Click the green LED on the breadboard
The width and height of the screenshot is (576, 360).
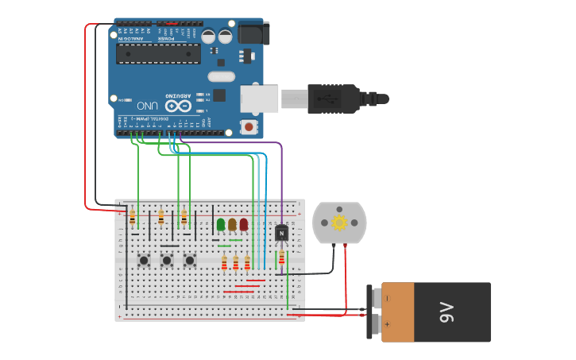pos(221,225)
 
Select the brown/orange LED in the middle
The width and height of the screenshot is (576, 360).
pos(232,225)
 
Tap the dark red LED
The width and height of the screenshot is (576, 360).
pos(244,225)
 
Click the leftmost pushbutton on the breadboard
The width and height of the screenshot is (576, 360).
pos(144,260)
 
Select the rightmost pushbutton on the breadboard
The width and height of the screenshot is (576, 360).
pos(190,260)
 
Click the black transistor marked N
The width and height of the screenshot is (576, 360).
pos(281,233)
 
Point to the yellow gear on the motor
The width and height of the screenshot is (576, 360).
pos(339,223)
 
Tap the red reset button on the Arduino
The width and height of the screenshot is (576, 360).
pos(249,126)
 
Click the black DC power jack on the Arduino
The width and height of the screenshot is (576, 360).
pos(250,33)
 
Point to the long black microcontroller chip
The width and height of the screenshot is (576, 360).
pos(158,53)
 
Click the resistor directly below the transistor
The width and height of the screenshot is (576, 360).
pos(281,257)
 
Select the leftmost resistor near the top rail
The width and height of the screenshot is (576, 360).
pos(132,217)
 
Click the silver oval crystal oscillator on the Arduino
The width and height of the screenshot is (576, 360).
pos(221,76)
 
